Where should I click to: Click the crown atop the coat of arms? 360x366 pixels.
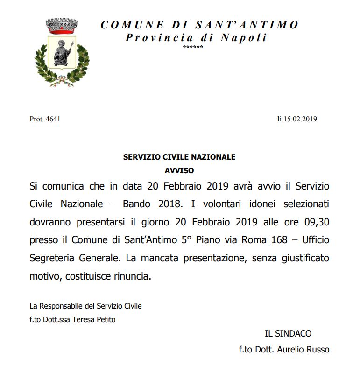[61, 26]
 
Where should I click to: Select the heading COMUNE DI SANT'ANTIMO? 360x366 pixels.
[199, 25]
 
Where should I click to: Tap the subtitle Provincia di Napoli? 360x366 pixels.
[196, 37]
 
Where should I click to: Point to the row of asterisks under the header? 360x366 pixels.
[193, 48]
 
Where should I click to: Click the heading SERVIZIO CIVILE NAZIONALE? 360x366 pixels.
[179, 157]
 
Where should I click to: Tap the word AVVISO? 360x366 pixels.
[179, 170]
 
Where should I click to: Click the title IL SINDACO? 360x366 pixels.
[288, 334]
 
